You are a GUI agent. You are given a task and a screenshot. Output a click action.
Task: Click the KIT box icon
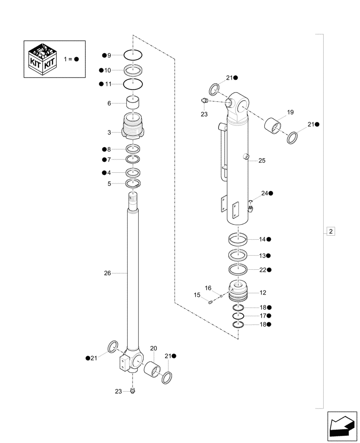coord(42,59)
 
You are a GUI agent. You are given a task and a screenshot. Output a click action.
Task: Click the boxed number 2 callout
coord(331,231)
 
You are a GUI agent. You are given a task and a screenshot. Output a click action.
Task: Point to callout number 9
coord(109,55)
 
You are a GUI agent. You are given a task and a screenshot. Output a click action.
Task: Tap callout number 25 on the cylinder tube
coord(262,161)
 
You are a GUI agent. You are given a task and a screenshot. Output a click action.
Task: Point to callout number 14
coord(262,239)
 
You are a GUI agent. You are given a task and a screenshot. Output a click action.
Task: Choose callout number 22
coord(262,269)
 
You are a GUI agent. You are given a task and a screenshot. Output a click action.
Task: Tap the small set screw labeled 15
coord(211,303)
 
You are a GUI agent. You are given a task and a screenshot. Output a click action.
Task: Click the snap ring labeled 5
coord(133,184)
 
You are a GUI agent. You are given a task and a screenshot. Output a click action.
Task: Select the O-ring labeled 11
coord(133,84)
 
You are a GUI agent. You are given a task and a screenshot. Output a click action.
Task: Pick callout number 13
coord(262,256)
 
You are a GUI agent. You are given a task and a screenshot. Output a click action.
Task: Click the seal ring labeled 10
coord(133,70)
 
